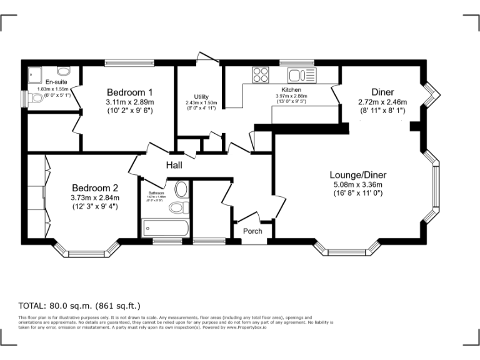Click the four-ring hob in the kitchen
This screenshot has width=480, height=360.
pyautogui.click(x=260, y=76)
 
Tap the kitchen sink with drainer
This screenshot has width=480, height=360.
pyautogui.click(x=302, y=76)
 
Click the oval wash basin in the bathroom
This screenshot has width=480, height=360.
pyautogui.click(x=181, y=189)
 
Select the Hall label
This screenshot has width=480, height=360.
pyautogui.click(x=174, y=166)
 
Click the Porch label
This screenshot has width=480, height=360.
pyautogui.click(x=252, y=231)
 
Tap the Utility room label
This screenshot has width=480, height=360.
pyautogui.click(x=201, y=96)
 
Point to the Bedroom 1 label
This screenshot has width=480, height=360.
pyautogui.click(x=129, y=91)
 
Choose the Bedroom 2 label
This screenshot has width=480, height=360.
pyautogui.click(x=94, y=187)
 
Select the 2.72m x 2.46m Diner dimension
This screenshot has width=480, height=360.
pyautogui.click(x=382, y=102)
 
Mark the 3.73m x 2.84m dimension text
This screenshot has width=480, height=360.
pyautogui.click(x=94, y=197)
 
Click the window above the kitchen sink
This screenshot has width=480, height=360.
pyautogui.click(x=288, y=62)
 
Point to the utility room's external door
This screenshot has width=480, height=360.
pyautogui.click(x=207, y=58)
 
